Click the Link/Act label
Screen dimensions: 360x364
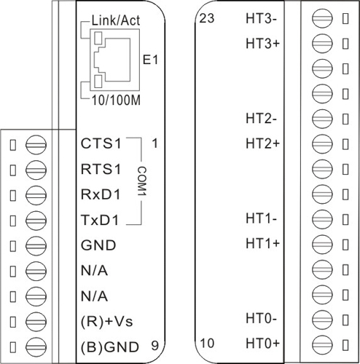click(x=116, y=20)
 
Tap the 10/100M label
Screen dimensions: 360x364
click(x=116, y=100)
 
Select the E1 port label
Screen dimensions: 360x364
click(x=150, y=60)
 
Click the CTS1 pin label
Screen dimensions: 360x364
click(x=101, y=143)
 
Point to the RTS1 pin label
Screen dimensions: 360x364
click(x=101, y=169)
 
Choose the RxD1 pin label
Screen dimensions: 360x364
click(x=101, y=194)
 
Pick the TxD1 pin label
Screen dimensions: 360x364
click(x=101, y=220)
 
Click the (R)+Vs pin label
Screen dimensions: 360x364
click(x=106, y=322)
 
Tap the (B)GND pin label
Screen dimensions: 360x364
click(x=110, y=347)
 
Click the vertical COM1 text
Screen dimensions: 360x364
click(x=142, y=181)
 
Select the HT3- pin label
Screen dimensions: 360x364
click(x=262, y=18)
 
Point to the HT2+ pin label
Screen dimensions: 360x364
click(x=263, y=143)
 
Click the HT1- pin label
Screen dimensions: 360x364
click(x=262, y=218)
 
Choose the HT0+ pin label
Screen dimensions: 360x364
click(x=263, y=343)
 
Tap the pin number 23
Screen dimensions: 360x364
click(x=207, y=18)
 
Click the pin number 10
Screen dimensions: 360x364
click(x=207, y=343)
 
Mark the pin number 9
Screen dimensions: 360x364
click(x=155, y=346)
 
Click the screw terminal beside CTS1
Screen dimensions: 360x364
click(x=36, y=145)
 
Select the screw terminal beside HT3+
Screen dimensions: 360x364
click(x=322, y=44)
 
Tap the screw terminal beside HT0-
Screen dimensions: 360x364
click(x=322, y=319)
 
